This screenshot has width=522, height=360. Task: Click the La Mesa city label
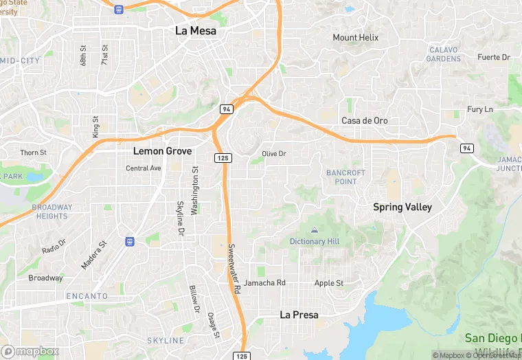(x=196, y=30)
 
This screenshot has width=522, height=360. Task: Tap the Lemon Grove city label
(x=162, y=150)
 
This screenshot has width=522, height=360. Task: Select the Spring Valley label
(x=402, y=207)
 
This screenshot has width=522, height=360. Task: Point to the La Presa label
(x=299, y=315)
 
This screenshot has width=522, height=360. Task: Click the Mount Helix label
(x=355, y=37)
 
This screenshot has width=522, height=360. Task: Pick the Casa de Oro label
(x=365, y=120)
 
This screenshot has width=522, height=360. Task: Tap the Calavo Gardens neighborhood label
(x=444, y=54)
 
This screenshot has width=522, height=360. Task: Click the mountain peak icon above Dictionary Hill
(x=315, y=229)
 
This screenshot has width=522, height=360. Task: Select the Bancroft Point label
(x=346, y=177)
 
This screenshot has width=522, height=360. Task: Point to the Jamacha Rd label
(x=264, y=283)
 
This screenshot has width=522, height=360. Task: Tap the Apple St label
(x=328, y=283)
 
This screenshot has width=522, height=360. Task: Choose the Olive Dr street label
(x=273, y=154)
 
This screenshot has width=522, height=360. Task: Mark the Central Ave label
(x=143, y=168)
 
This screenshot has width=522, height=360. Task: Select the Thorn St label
(x=33, y=153)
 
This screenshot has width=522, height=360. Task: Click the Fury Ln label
(x=480, y=109)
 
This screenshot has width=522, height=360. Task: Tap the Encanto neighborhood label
(x=87, y=296)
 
